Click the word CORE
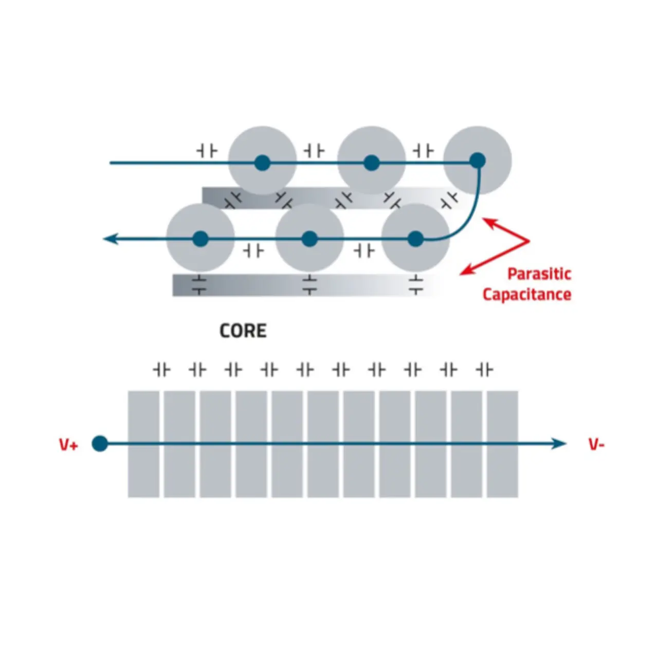(x=243, y=331)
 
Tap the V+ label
(x=68, y=445)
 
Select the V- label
(x=596, y=445)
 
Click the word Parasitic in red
(x=539, y=273)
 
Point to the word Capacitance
(x=527, y=295)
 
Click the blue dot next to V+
(x=100, y=443)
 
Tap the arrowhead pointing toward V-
(x=559, y=443)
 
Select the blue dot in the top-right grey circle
(x=478, y=161)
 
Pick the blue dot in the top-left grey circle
(x=262, y=163)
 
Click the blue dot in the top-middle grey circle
(x=371, y=163)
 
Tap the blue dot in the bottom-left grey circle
(x=200, y=239)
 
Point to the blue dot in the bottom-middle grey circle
(x=309, y=239)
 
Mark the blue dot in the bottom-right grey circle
(x=415, y=239)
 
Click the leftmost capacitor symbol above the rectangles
(x=161, y=370)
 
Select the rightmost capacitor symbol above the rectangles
(x=484, y=370)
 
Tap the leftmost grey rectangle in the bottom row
(x=143, y=444)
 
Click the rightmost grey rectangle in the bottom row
(x=502, y=444)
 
